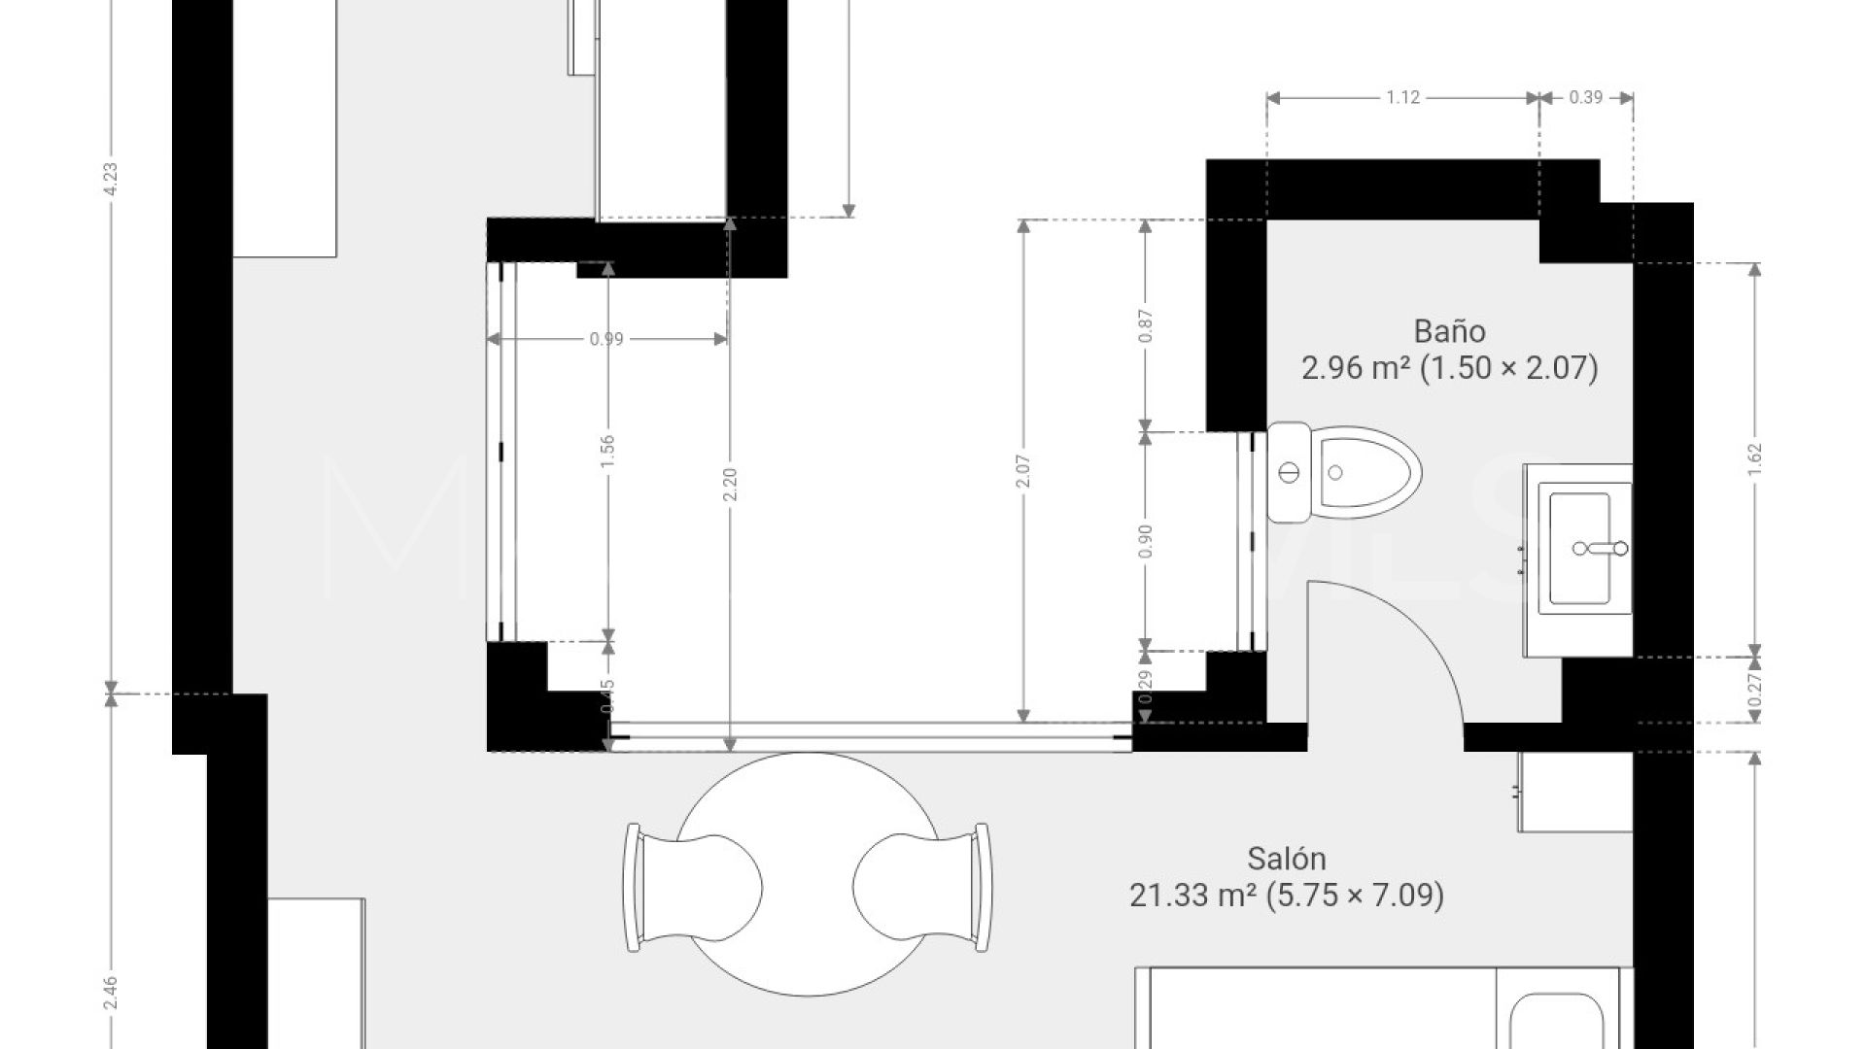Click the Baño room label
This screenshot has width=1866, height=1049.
1449,331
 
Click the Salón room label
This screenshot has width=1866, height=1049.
1286,859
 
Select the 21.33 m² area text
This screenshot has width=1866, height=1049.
1193,895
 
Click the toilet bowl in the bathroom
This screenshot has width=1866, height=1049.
1365,473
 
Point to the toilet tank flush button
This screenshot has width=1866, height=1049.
1289,473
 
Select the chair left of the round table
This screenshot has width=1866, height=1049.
690,888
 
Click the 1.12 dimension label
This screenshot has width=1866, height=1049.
1402,97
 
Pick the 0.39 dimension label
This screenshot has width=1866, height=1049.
1585,97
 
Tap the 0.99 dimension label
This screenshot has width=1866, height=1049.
606,339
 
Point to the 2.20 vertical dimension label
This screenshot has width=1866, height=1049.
730,484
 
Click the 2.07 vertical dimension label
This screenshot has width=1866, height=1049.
1022,471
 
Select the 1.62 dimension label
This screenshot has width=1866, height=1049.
1754,457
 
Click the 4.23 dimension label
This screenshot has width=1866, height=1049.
110,180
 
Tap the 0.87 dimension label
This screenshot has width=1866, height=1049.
1145,325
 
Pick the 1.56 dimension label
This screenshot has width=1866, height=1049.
607,450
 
